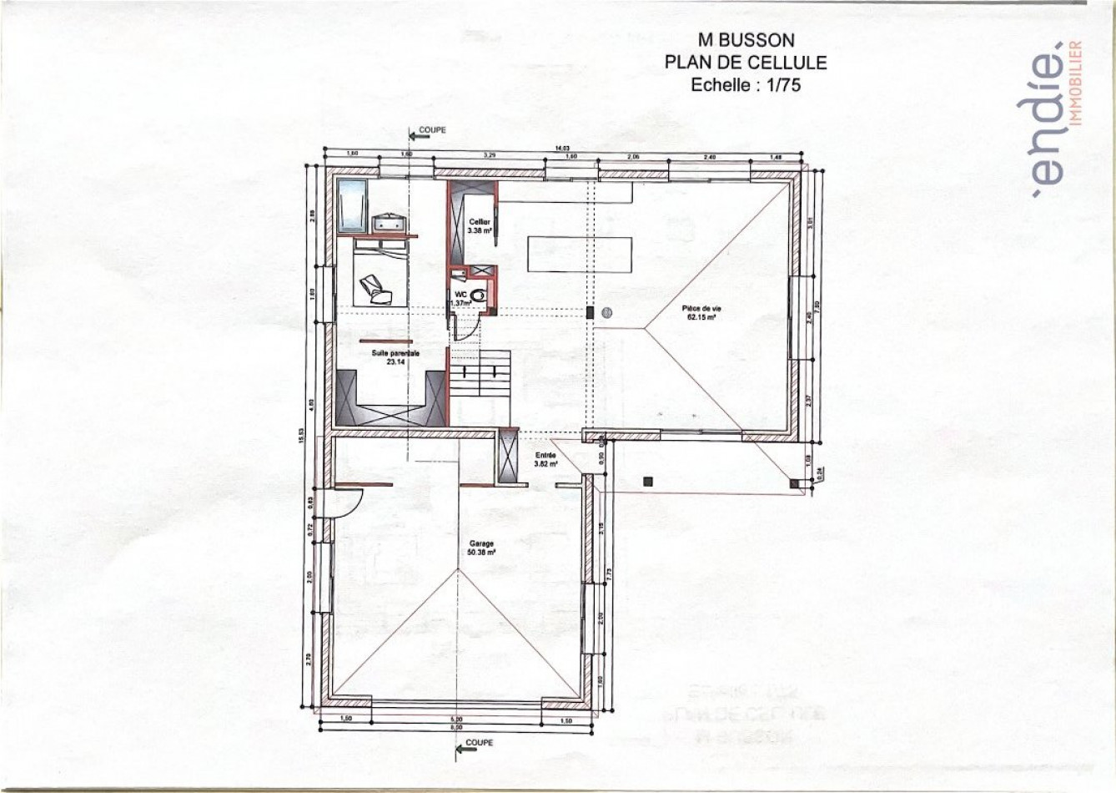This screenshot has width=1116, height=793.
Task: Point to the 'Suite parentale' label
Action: click(395, 354)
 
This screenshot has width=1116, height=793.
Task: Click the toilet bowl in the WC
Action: click(477, 295)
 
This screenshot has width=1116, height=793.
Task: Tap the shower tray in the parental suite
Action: click(354, 205)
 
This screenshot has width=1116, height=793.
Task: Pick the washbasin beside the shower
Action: click(389, 223)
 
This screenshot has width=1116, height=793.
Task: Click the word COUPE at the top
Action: click(432, 130)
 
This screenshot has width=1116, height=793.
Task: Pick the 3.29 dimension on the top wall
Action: click(490, 156)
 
